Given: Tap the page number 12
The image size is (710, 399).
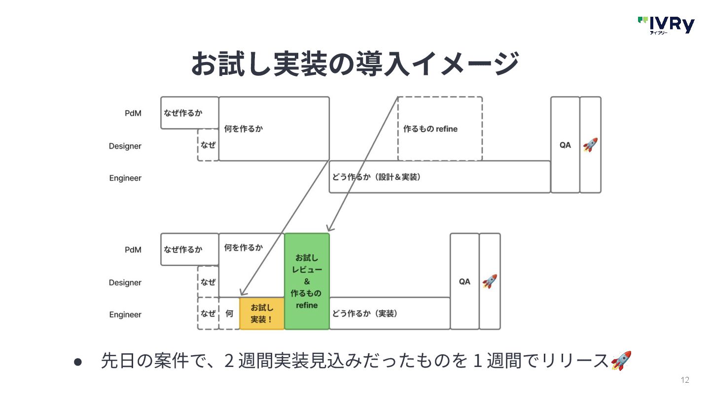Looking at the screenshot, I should click(x=684, y=380).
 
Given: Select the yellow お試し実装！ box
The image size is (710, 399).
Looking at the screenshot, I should click(x=262, y=313).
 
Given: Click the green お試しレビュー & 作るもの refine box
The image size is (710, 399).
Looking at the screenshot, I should click(x=307, y=281).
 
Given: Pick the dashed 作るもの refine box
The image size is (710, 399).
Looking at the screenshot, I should click(x=440, y=129).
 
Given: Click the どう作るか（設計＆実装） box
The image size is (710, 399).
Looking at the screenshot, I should click(x=439, y=177).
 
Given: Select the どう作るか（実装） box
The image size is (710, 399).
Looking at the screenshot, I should click(x=390, y=313).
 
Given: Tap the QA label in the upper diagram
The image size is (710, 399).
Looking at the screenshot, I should click(x=565, y=145).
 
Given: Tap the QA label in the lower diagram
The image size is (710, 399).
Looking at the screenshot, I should click(x=464, y=281).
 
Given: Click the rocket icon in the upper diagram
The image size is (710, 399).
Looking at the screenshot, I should click(x=590, y=145).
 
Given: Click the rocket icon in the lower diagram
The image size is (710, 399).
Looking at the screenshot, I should click(x=490, y=281).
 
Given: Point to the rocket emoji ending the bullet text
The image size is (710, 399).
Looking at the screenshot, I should click(x=621, y=361).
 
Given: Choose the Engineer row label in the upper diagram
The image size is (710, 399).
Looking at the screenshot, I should click(x=125, y=178).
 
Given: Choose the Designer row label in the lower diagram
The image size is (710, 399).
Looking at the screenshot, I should click(x=125, y=282).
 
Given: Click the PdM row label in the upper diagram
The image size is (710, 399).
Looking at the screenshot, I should click(x=133, y=113).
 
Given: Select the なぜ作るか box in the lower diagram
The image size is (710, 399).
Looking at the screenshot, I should click(x=189, y=249).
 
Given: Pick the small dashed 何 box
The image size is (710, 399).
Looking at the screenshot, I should click(x=229, y=313).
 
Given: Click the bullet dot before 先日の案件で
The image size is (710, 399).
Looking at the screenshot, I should click(x=77, y=361).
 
